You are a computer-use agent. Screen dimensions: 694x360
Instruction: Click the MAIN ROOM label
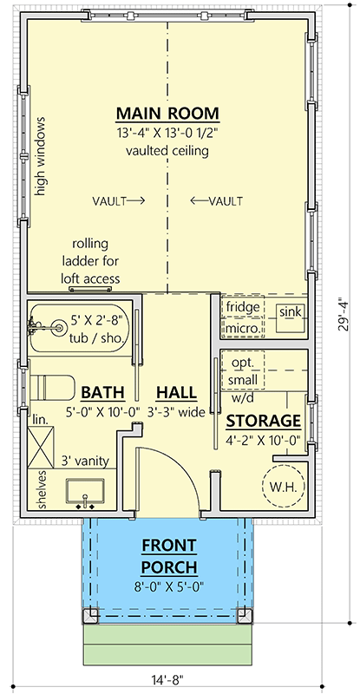(167, 114)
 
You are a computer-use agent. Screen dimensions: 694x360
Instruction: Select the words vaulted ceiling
(167, 151)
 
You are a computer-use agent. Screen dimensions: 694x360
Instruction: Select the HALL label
(176, 391)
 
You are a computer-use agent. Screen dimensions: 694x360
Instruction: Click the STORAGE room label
(263, 421)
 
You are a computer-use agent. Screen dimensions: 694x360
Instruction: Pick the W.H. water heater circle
(281, 487)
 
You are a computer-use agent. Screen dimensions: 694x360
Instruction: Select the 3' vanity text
(84, 462)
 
